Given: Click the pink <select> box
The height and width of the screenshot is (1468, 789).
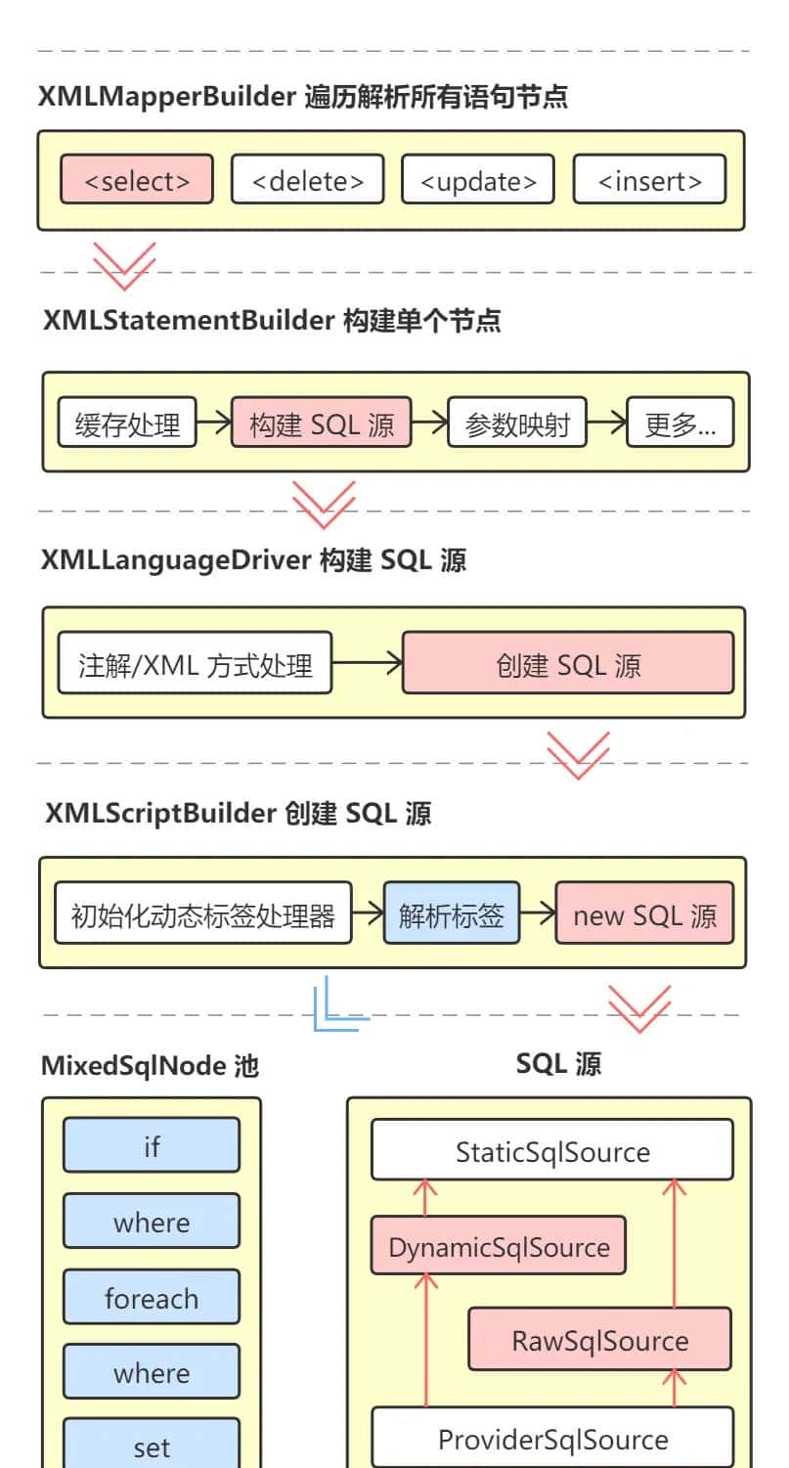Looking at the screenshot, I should pyautogui.click(x=136, y=180).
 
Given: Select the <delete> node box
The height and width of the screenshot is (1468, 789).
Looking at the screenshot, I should pyautogui.click(x=307, y=180).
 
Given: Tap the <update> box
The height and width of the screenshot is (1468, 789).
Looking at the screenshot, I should pyautogui.click(x=477, y=180).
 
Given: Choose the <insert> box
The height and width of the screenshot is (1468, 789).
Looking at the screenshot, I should pyautogui.click(x=649, y=180).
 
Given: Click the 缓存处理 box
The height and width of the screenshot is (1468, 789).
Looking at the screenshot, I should pyautogui.click(x=127, y=424).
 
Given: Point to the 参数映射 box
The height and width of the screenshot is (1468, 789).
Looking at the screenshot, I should pyautogui.click(x=517, y=424).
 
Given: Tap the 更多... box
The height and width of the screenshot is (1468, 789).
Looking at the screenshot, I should pyautogui.click(x=679, y=424).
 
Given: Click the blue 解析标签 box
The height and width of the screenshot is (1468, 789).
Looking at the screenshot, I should pyautogui.click(x=451, y=914).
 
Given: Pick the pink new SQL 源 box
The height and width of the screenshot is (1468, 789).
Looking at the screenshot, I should pyautogui.click(x=644, y=914).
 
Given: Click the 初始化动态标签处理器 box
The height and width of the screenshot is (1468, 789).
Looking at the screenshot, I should pyautogui.click(x=202, y=914).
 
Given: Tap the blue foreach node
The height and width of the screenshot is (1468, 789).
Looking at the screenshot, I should pyautogui.click(x=152, y=1298).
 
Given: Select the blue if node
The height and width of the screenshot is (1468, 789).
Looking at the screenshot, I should pyautogui.click(x=152, y=1145).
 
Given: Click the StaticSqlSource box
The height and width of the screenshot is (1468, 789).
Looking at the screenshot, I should pyautogui.click(x=551, y=1151).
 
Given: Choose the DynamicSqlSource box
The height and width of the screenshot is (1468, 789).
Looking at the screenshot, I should pyautogui.click(x=498, y=1246).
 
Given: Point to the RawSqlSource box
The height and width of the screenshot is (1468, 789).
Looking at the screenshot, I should pyautogui.click(x=599, y=1340).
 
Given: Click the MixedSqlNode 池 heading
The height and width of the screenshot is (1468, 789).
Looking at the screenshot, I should pyautogui.click(x=150, y=1065).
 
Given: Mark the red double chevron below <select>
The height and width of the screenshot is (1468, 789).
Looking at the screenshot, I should pyautogui.click(x=124, y=264).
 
